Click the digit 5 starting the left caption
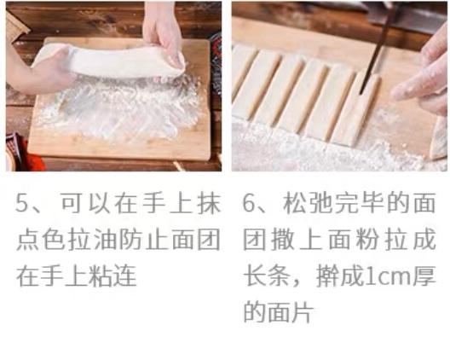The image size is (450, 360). pos(22,203)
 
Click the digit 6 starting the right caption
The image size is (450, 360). pos(249,203)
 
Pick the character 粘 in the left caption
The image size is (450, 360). pos(100,276)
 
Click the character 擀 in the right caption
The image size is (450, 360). pos(326,276)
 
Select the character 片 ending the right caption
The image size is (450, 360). pos(303,312)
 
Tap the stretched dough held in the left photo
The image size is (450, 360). pos(109,61)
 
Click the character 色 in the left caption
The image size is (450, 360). pos(53,240)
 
